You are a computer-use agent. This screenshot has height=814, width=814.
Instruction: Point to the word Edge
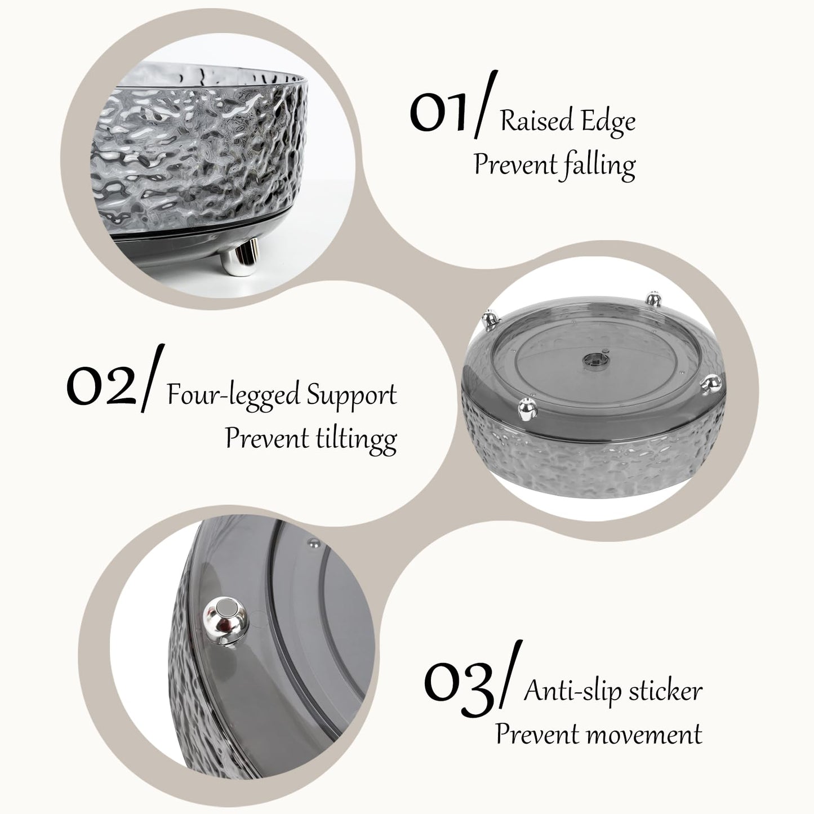[608, 122]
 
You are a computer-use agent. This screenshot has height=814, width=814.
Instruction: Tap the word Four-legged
[234, 395]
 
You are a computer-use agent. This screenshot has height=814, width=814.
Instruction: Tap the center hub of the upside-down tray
[594, 360]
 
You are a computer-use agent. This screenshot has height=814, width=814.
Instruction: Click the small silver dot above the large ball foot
[312, 541]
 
